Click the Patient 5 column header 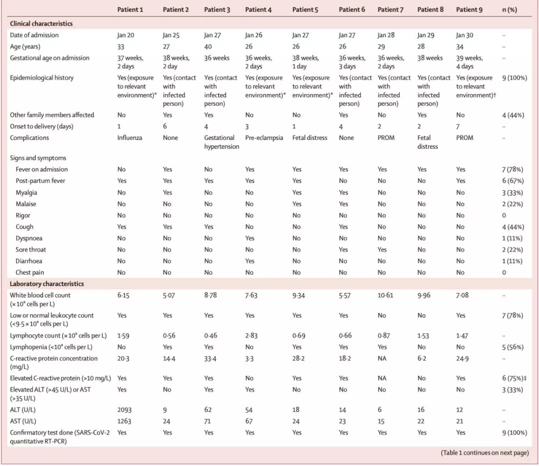pos(305,9)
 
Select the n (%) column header pos(509,9)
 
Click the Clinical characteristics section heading pos(41,23)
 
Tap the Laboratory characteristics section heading pos(46,284)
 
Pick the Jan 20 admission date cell pos(125,35)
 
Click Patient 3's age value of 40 pos(209,46)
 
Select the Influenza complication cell pos(130,137)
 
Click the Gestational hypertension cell pos(221,142)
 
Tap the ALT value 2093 pos(125,410)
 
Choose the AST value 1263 pos(125,421)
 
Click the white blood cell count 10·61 pos(385,295)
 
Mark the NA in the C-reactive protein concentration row pos(382,358)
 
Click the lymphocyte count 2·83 pos(251,336)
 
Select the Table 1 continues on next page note pos(485,453)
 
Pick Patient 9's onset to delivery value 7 pos(458,126)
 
